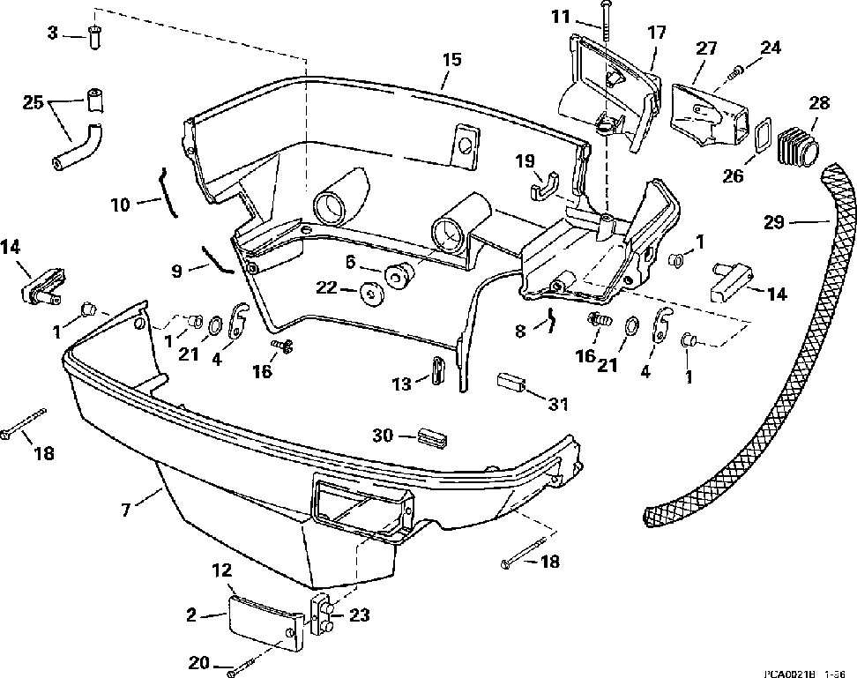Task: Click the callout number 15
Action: (x=451, y=60)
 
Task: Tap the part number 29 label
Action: (x=773, y=223)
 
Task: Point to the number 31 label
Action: (x=557, y=405)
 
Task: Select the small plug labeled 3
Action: (x=96, y=38)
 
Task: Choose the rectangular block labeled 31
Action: (x=512, y=384)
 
